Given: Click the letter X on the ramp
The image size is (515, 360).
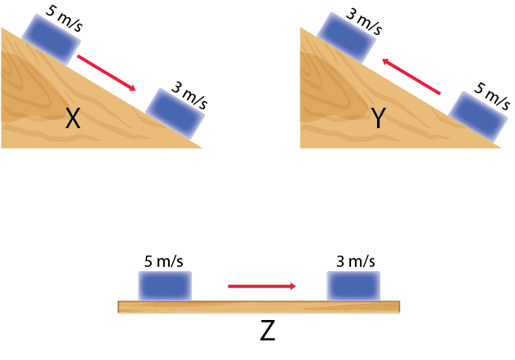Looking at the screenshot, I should tap(73, 120).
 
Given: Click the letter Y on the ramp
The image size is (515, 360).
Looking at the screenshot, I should tap(377, 120).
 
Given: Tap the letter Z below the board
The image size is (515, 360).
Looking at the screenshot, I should tap(268, 331).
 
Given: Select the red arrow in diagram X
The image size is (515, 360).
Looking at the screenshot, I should tap(106, 73).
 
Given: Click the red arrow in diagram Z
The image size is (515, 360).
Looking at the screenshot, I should tap(261, 286).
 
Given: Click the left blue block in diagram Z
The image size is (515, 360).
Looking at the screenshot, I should tap(164, 286).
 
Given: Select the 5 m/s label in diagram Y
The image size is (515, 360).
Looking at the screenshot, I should tap(492, 96).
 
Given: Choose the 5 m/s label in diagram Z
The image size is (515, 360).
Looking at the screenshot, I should tap(163, 261).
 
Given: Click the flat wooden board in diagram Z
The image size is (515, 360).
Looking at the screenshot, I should tap(260, 307).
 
